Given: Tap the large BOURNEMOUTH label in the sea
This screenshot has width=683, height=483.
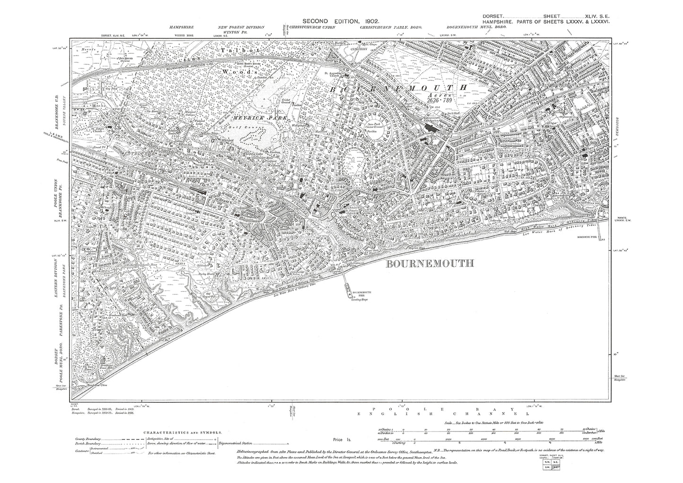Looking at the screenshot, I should (429, 264).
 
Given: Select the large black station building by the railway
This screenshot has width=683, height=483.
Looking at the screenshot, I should (432, 128).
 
